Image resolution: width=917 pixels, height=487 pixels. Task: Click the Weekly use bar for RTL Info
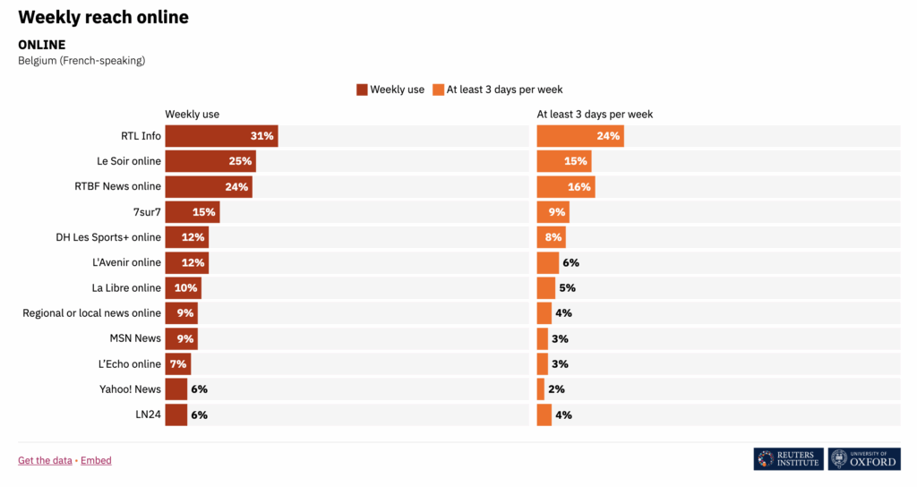221,136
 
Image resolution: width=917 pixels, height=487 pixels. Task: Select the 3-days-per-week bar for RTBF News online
566,186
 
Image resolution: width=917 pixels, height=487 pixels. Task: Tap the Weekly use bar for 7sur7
192,211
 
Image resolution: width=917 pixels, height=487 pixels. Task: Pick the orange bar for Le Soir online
564,161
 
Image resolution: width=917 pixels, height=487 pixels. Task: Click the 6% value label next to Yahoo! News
199,389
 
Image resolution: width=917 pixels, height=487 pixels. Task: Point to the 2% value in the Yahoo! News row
555,389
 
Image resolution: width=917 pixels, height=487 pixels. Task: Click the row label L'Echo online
130,364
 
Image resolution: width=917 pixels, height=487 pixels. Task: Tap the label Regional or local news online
91,313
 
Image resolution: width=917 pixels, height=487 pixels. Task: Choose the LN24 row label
147,414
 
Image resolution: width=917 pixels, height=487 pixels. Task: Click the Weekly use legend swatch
362,90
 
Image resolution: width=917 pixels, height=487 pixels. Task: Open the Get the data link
45,460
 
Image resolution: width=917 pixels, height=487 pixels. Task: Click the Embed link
96,460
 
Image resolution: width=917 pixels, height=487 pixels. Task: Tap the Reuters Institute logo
788,459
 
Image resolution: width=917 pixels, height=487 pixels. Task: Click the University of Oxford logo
864,459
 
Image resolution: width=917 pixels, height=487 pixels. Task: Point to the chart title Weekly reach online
103,17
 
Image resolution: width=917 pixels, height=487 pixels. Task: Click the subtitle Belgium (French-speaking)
81,61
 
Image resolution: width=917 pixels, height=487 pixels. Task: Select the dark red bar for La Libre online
183,288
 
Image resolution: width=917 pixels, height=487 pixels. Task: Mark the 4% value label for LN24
563,414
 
